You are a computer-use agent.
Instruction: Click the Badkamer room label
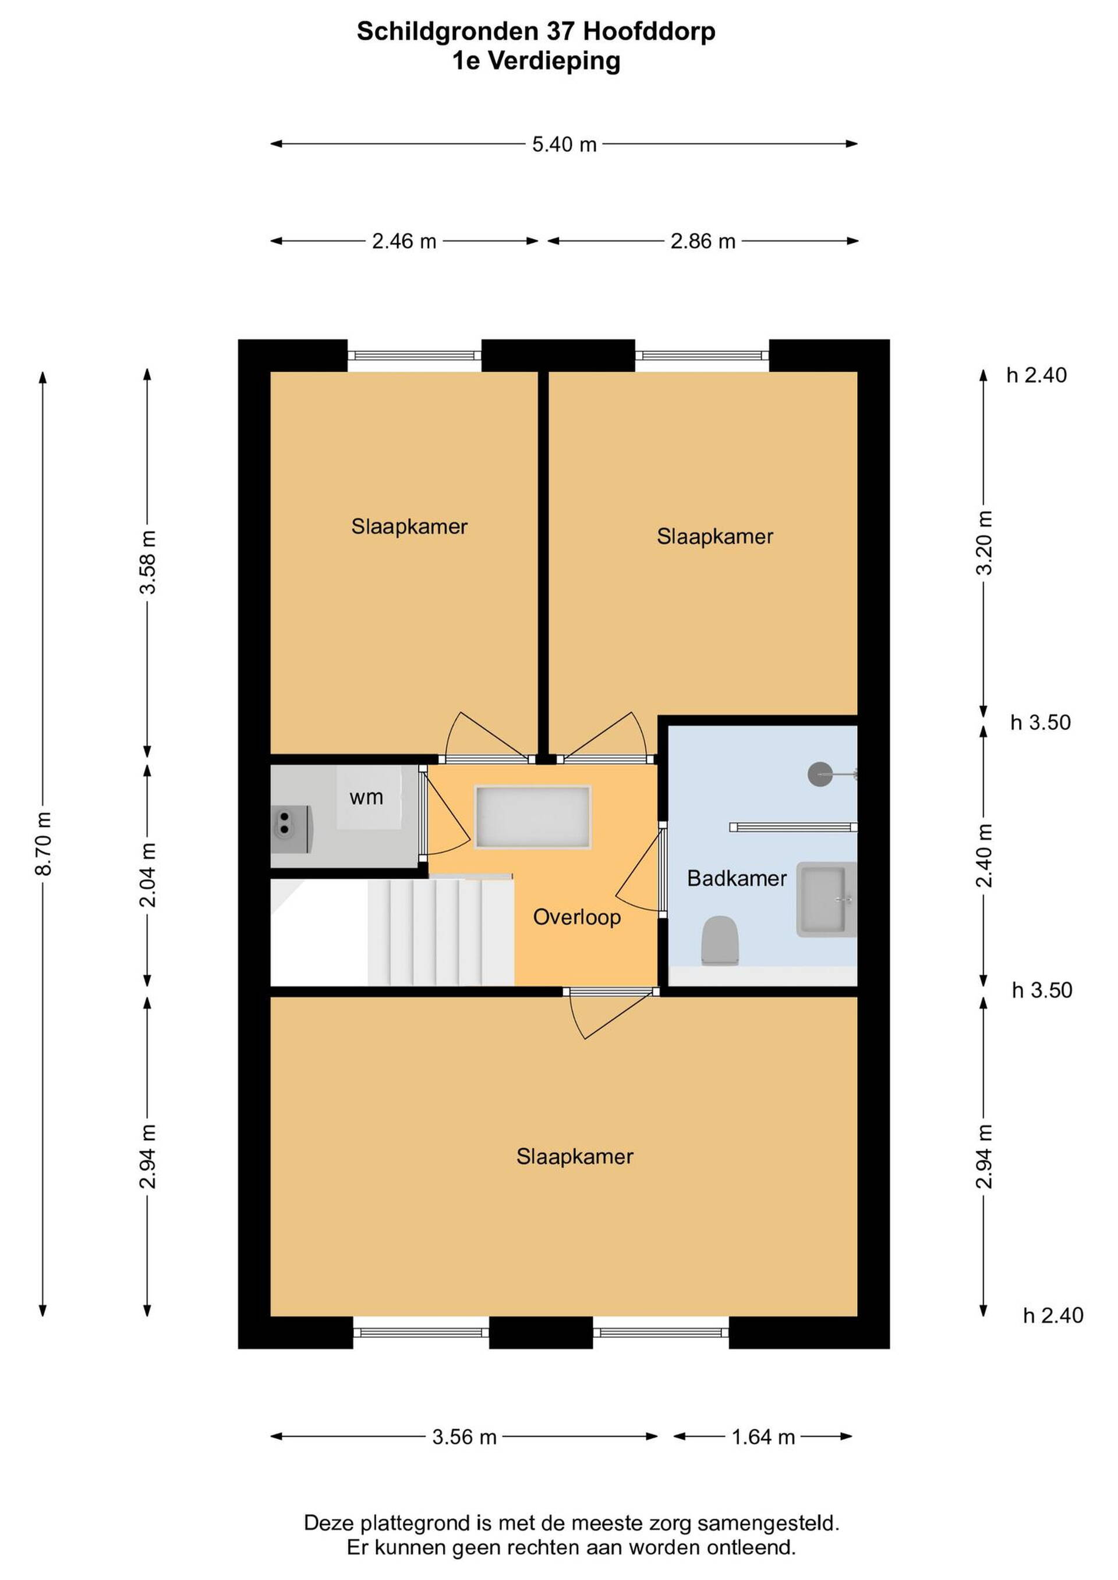pyautogui.click(x=737, y=878)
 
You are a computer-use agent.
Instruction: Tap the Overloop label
pyautogui.click(x=577, y=917)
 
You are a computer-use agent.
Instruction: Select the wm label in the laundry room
pyautogui.click(x=366, y=798)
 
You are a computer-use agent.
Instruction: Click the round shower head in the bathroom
pyautogui.click(x=820, y=774)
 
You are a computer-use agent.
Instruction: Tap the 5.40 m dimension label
pyautogui.click(x=564, y=144)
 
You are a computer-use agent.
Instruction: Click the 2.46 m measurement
pyautogui.click(x=404, y=242)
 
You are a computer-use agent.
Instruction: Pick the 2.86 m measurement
pyautogui.click(x=703, y=242)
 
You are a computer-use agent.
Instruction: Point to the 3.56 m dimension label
pyautogui.click(x=464, y=1437)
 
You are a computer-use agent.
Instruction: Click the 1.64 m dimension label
pyautogui.click(x=763, y=1437)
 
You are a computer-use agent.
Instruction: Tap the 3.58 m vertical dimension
pyautogui.click(x=148, y=562)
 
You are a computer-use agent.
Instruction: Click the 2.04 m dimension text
pyautogui.click(x=148, y=875)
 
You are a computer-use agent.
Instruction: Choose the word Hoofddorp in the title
pyautogui.click(x=649, y=31)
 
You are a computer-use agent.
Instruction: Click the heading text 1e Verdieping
pyautogui.click(x=536, y=61)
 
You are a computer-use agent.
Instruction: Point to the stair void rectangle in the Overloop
pyautogui.click(x=533, y=817)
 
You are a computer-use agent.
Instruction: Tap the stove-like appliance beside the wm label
pyautogui.click(x=292, y=830)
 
